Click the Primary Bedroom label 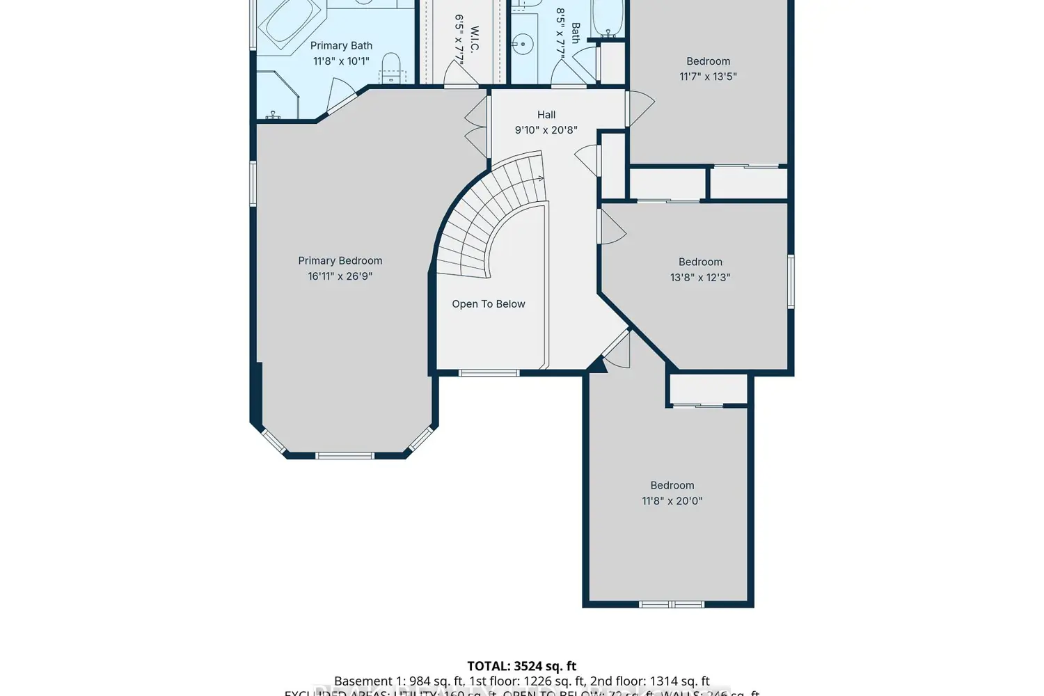coord(340,261)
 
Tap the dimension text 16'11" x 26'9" coord(340,276)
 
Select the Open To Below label coord(488,304)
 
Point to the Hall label coord(546,115)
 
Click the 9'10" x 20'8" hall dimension coord(546,130)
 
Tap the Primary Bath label coord(341,46)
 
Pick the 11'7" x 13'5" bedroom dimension coord(708,77)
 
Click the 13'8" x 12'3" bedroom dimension coord(700,277)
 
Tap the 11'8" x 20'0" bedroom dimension coord(672,501)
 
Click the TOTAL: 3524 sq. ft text coord(522,666)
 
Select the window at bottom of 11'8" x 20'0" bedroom coord(672,604)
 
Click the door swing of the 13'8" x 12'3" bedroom coord(612,227)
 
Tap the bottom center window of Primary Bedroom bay coord(345,456)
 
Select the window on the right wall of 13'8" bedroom coord(791,282)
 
